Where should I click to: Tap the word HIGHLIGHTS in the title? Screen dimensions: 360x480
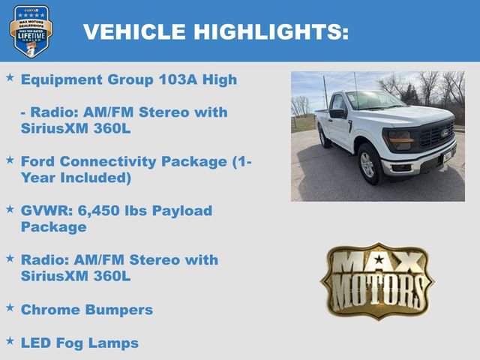click(x=271, y=31)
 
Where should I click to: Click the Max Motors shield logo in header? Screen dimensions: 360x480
click(x=31, y=31)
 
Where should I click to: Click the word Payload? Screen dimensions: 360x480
click(x=183, y=211)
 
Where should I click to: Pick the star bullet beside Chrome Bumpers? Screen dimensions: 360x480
click(x=10, y=307)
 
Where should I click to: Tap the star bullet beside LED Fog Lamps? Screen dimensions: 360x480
click(x=10, y=340)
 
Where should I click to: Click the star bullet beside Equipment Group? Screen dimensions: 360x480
click(x=10, y=76)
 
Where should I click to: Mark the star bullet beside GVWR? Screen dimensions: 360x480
click(x=10, y=208)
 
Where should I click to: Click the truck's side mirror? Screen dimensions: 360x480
click(x=338, y=114)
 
